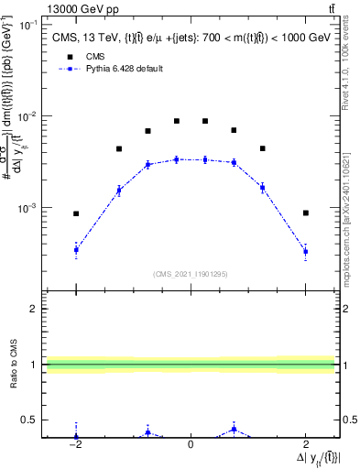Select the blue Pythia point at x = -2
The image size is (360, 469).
click(x=76, y=249)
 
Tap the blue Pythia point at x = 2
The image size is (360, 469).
click(x=305, y=251)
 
